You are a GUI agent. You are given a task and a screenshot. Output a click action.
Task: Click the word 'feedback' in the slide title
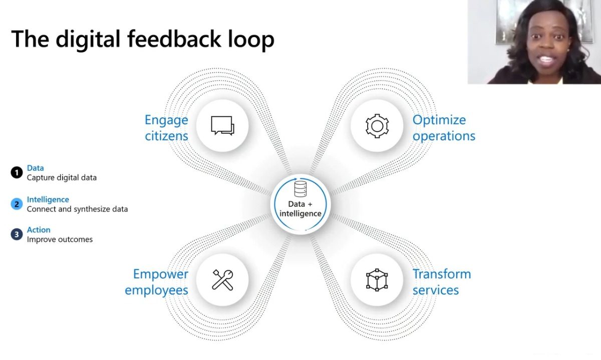174,39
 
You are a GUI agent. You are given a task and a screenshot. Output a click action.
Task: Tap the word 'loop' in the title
251,40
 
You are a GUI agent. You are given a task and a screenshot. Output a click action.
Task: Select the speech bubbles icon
222,126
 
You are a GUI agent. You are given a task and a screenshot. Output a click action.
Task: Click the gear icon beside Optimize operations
377,126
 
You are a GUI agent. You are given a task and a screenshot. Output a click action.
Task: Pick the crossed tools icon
222,280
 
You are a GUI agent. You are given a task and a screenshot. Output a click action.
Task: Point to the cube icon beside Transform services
377,280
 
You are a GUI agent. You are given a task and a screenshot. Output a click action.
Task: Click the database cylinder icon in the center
300,189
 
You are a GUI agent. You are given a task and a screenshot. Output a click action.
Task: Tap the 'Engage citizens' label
166,128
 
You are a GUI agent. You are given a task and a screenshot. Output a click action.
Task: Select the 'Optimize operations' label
444,128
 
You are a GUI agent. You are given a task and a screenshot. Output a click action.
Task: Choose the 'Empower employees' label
156,282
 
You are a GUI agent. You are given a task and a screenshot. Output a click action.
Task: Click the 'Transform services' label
442,282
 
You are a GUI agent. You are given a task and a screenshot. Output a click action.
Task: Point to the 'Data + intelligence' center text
300,209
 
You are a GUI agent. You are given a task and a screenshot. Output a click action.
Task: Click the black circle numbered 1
17,172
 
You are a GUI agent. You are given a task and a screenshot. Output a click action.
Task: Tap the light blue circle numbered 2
17,204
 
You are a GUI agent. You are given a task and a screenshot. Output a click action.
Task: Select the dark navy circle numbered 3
17,234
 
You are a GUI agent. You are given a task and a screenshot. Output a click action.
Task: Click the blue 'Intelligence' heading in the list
48,200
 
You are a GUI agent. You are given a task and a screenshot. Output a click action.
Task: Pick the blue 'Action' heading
39,230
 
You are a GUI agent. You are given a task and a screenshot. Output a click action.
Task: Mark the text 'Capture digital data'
62,178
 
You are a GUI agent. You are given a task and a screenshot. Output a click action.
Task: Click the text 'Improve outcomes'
60,239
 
